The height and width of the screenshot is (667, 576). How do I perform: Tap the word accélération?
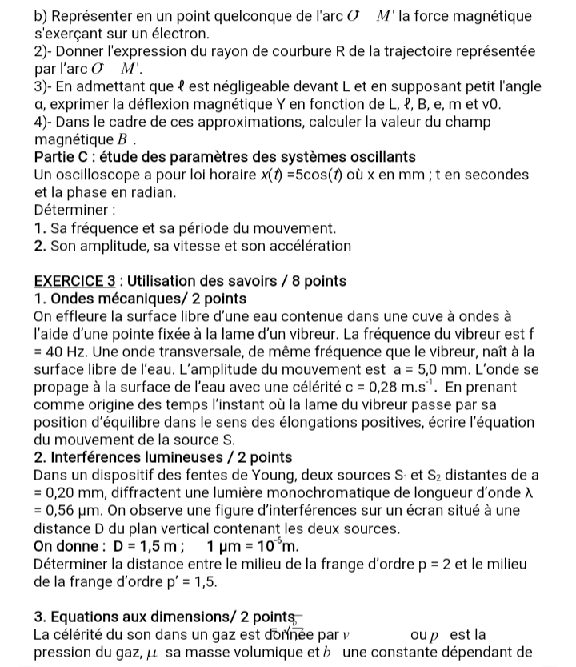click(303, 246)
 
